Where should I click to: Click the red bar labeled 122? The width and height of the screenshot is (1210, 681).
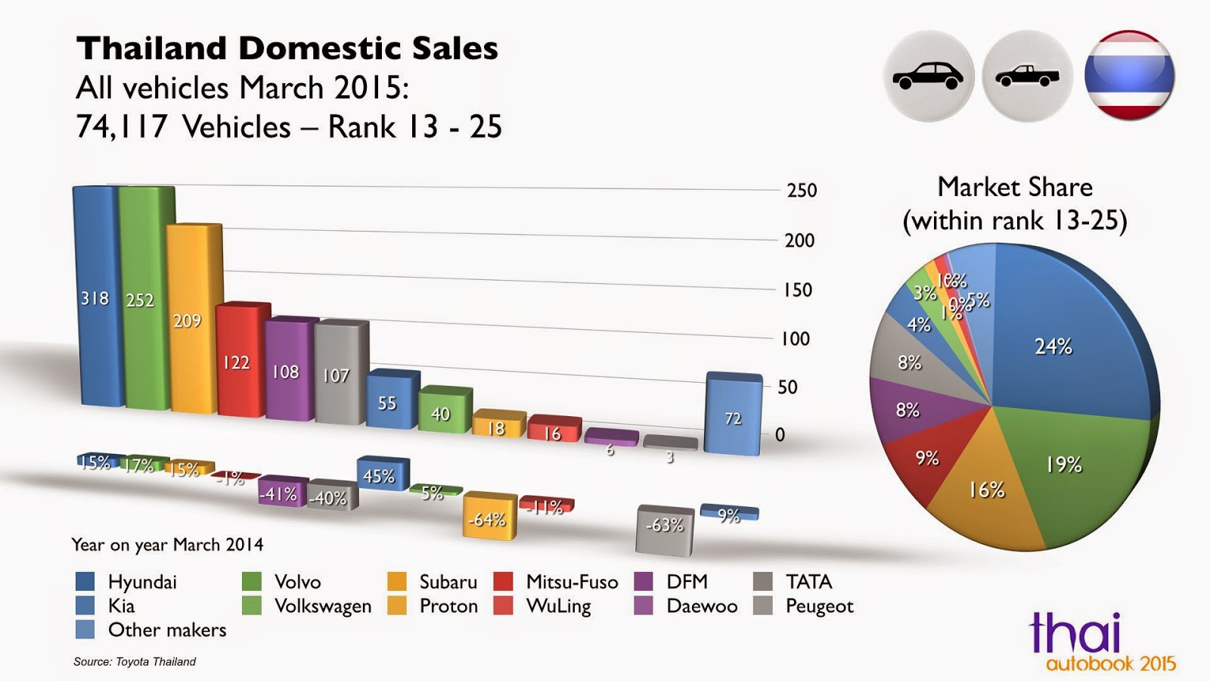tap(242, 362)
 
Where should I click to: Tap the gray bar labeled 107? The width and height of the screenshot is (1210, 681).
tap(340, 374)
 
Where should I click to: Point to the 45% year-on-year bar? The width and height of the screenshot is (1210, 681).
tap(381, 474)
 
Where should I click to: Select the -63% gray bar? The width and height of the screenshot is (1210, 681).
tap(665, 524)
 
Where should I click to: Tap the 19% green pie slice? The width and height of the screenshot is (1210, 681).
tap(1066, 462)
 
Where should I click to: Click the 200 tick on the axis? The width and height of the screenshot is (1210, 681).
tap(799, 241)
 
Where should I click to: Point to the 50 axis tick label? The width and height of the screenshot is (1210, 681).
tap(787, 387)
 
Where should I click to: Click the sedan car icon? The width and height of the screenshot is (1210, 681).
tap(928, 76)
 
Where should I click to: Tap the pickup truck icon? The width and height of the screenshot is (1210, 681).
tap(1027, 76)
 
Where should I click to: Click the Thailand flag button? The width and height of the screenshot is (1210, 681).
tap(1128, 76)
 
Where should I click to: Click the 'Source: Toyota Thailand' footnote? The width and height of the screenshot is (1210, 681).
tap(135, 661)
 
